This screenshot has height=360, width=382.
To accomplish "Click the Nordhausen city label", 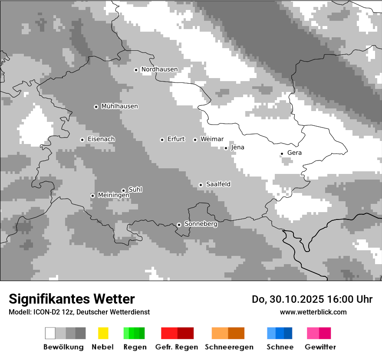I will [x=159, y=69].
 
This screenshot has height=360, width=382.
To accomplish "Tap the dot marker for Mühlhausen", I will [x=96, y=107].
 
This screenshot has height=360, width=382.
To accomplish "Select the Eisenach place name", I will [x=101, y=139].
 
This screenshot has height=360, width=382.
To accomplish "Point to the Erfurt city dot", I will [x=162, y=140].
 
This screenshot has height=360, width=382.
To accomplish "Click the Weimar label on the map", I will [x=212, y=139].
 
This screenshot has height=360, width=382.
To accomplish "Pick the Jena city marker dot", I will [x=226, y=148].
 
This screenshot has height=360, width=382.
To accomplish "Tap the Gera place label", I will [x=294, y=153].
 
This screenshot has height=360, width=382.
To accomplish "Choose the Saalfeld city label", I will [x=218, y=184].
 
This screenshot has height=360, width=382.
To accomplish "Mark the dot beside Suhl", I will [x=123, y=190].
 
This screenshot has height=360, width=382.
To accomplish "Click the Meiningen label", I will [x=114, y=196].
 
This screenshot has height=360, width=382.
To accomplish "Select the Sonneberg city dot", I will [x=179, y=225].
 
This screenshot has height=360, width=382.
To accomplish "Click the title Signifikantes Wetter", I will [x=72, y=299].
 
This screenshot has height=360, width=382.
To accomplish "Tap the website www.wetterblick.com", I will [x=313, y=312].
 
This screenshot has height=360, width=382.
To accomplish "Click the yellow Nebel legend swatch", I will [x=103, y=333].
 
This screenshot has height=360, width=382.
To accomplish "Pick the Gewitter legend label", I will [x=320, y=347].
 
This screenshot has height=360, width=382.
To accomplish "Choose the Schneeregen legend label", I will [x=229, y=347].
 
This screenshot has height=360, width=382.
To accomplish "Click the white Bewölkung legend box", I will [x=50, y=333].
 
